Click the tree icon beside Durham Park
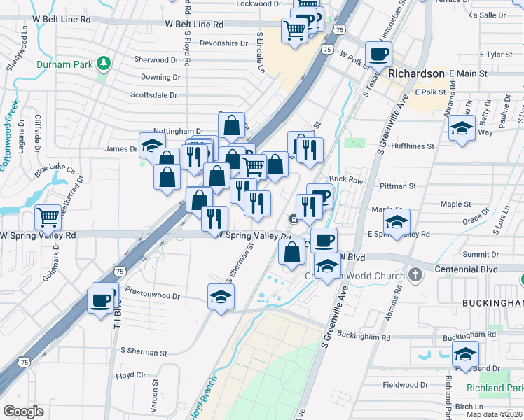point(104,63)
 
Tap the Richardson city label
point(416,73)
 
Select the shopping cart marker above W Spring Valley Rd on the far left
point(48,216)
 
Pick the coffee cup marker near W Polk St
point(378,53)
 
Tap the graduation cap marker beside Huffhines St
point(461,129)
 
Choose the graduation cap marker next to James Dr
point(151,145)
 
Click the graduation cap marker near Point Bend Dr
point(465,354)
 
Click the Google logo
point(24,412)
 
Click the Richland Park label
point(496,388)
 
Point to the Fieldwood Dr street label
point(405,385)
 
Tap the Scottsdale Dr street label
point(154,94)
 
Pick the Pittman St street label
point(397,186)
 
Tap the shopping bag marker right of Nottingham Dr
point(231,126)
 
